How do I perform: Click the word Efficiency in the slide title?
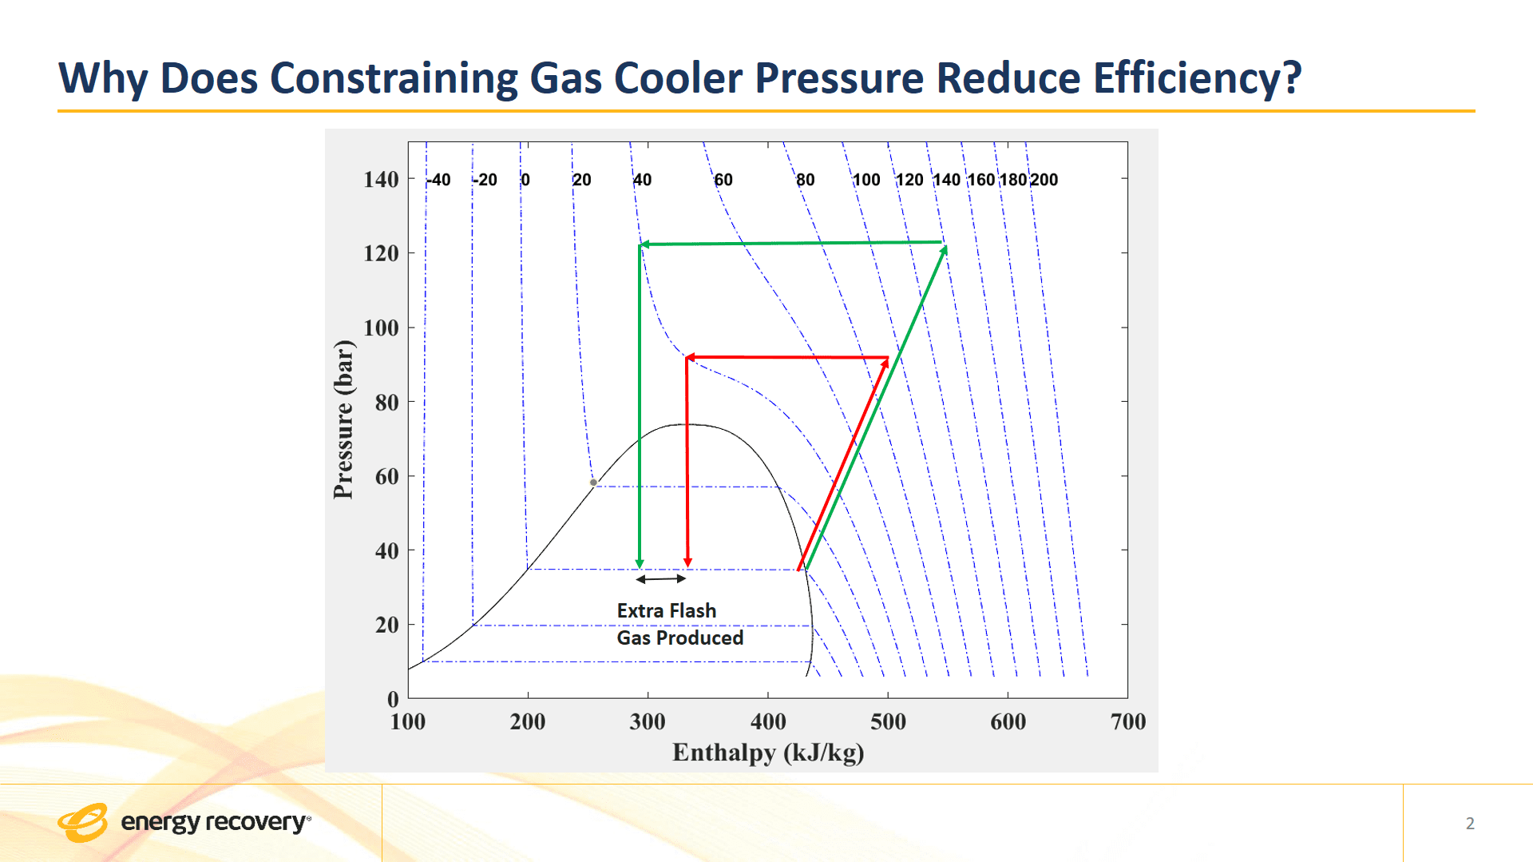pyautogui.click(x=1196, y=78)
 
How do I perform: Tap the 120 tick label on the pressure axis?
pyautogui.click(x=381, y=253)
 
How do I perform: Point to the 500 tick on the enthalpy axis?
pyautogui.click(x=888, y=721)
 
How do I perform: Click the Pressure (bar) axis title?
pyautogui.click(x=343, y=419)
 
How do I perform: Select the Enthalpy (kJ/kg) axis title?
pyautogui.click(x=768, y=753)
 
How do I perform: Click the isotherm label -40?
pyautogui.click(x=439, y=180)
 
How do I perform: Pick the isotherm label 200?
pyautogui.click(x=1044, y=180)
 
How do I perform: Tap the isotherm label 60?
pyautogui.click(x=723, y=180)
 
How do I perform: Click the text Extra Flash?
pyautogui.click(x=666, y=610)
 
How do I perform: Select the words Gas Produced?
pyautogui.click(x=679, y=638)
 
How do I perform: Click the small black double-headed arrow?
pyautogui.click(x=661, y=578)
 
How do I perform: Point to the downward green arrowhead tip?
pyautogui.click(x=640, y=566)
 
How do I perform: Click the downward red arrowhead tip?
pyautogui.click(x=687, y=566)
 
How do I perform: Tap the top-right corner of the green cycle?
pyautogui.click(x=945, y=244)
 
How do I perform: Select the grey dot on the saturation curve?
pyautogui.click(x=593, y=483)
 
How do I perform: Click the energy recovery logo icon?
pyautogui.click(x=82, y=822)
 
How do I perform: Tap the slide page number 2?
pyautogui.click(x=1470, y=823)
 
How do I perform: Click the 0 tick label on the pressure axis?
pyautogui.click(x=392, y=699)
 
